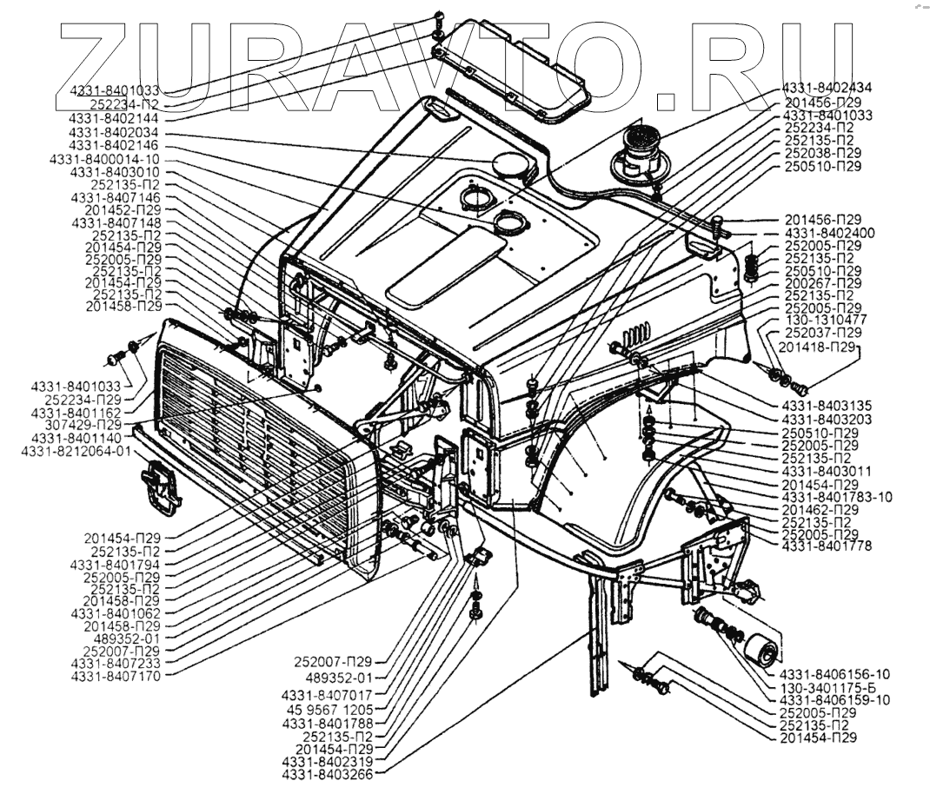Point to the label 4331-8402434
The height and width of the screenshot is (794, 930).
pos(827,88)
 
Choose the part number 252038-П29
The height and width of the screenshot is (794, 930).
pos(823,153)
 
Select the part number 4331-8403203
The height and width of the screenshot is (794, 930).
pos(826,419)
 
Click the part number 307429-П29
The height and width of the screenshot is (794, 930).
pos(85,426)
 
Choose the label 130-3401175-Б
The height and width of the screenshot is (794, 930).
pos(836,686)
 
